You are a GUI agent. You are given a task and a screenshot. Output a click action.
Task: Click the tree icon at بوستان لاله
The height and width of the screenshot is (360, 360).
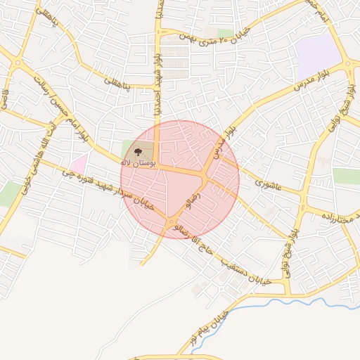(x=136, y=150)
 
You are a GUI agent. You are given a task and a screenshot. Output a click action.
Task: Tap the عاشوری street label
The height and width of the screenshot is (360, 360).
(x=269, y=184)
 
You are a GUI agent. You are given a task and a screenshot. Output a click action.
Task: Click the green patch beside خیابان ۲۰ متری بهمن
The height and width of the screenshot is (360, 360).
(x=225, y=33)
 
